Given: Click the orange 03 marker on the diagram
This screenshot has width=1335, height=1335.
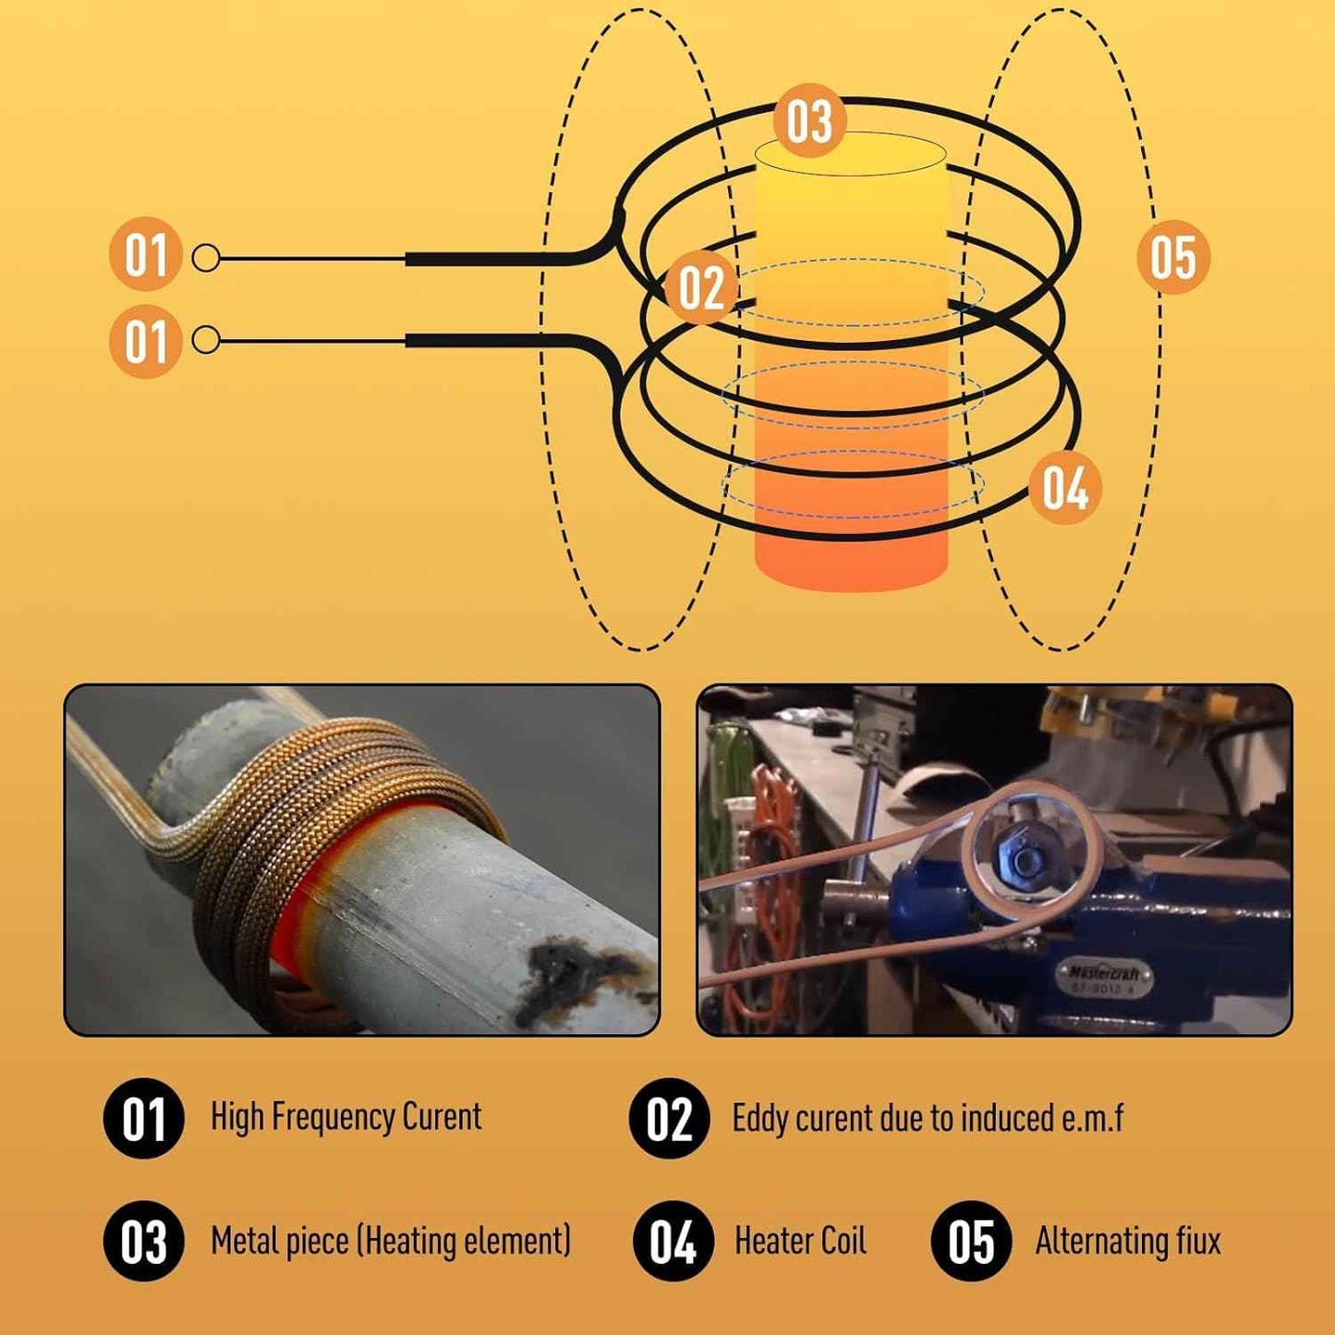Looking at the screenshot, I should click(x=809, y=121).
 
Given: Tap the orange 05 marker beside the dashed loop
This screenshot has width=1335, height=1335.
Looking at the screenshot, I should click(x=1172, y=257).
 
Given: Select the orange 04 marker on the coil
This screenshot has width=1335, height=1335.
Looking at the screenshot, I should click(x=1065, y=488).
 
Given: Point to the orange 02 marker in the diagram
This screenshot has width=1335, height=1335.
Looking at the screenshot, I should click(x=701, y=287).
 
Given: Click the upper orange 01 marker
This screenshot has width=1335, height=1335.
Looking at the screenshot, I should click(x=146, y=255).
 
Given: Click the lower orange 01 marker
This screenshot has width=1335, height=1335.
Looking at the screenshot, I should click(x=146, y=342).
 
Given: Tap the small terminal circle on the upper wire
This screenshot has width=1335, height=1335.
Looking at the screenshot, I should click(x=206, y=258).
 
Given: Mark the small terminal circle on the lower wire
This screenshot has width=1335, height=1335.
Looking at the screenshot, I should click(x=206, y=341).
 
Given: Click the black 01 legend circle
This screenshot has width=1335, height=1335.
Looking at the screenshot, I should click(x=144, y=1119).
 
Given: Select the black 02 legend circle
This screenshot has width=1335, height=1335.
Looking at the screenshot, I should click(x=669, y=1119).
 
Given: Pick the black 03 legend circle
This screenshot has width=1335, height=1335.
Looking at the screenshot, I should click(x=144, y=1241).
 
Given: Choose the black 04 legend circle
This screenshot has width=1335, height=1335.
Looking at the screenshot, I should click(x=673, y=1241).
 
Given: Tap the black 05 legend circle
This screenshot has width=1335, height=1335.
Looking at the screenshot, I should click(x=971, y=1241).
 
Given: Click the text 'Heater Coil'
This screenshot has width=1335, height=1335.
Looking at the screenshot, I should click(x=800, y=1241).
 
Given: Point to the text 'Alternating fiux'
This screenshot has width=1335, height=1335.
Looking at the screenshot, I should click(x=1127, y=1241).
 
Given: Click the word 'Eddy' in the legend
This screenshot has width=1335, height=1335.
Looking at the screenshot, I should click(x=760, y=1119).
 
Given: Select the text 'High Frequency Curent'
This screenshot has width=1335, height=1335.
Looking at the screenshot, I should click(x=346, y=1117).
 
